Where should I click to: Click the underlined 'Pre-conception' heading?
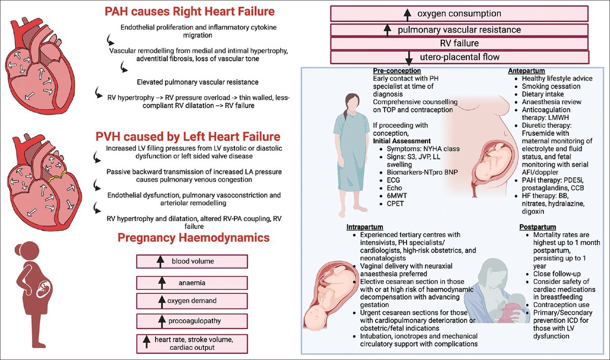(x=396, y=71)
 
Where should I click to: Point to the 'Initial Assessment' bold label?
(x=402, y=141)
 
